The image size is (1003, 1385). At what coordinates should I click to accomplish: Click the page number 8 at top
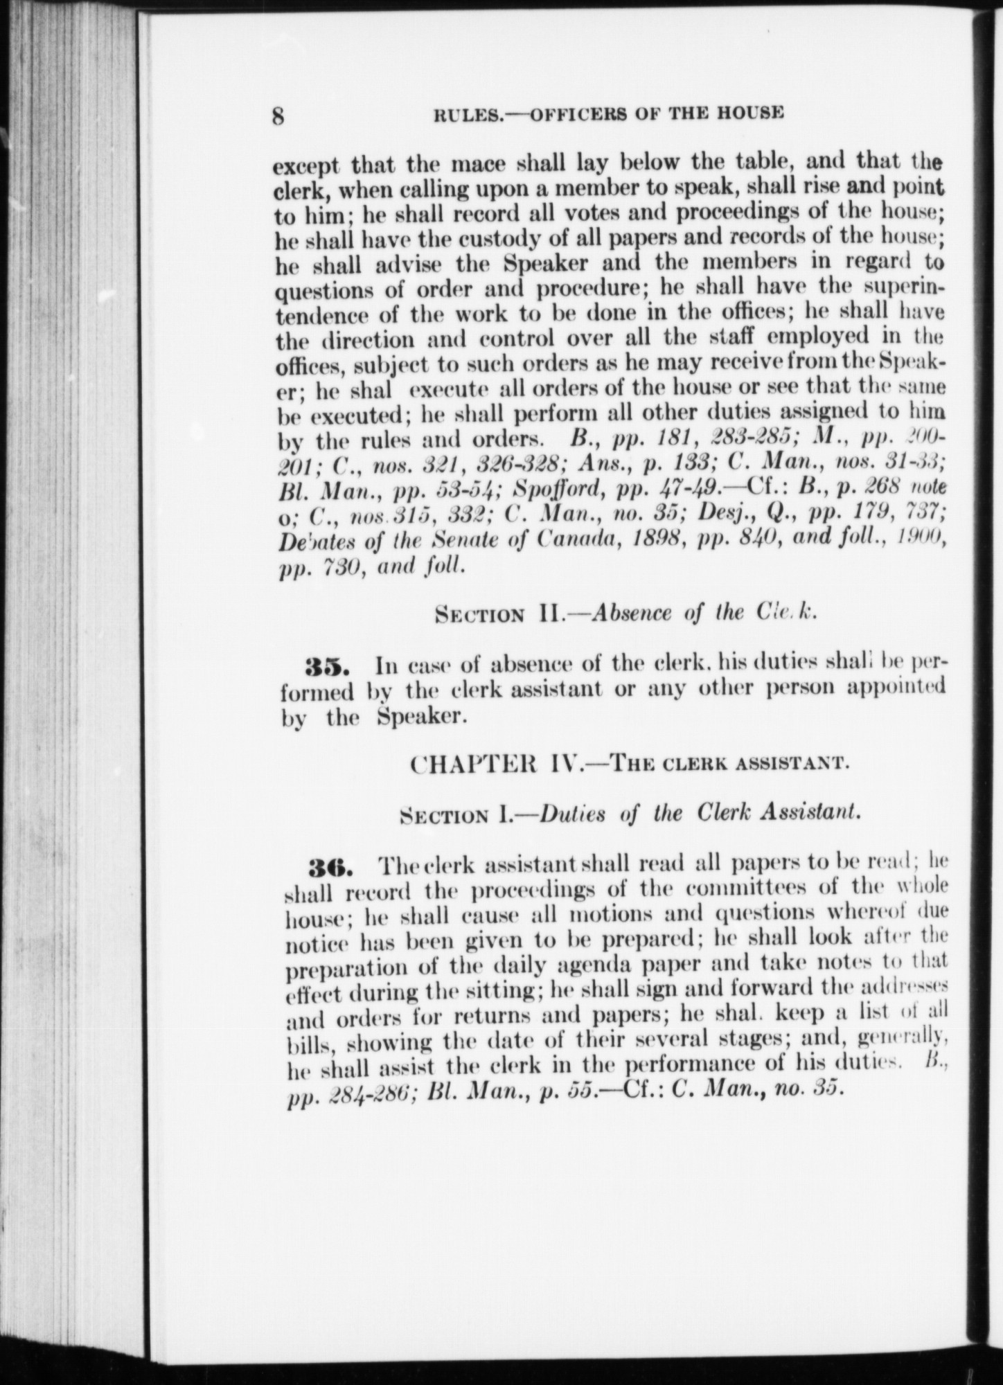278,115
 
